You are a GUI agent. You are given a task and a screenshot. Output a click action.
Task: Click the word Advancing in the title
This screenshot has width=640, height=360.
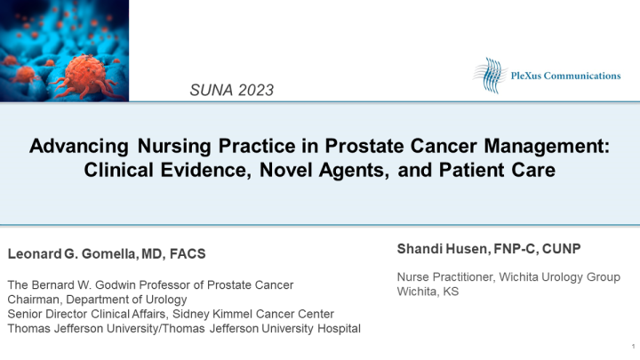coord(76,146)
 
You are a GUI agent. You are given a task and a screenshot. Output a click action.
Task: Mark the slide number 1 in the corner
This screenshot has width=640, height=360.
coord(631,346)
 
